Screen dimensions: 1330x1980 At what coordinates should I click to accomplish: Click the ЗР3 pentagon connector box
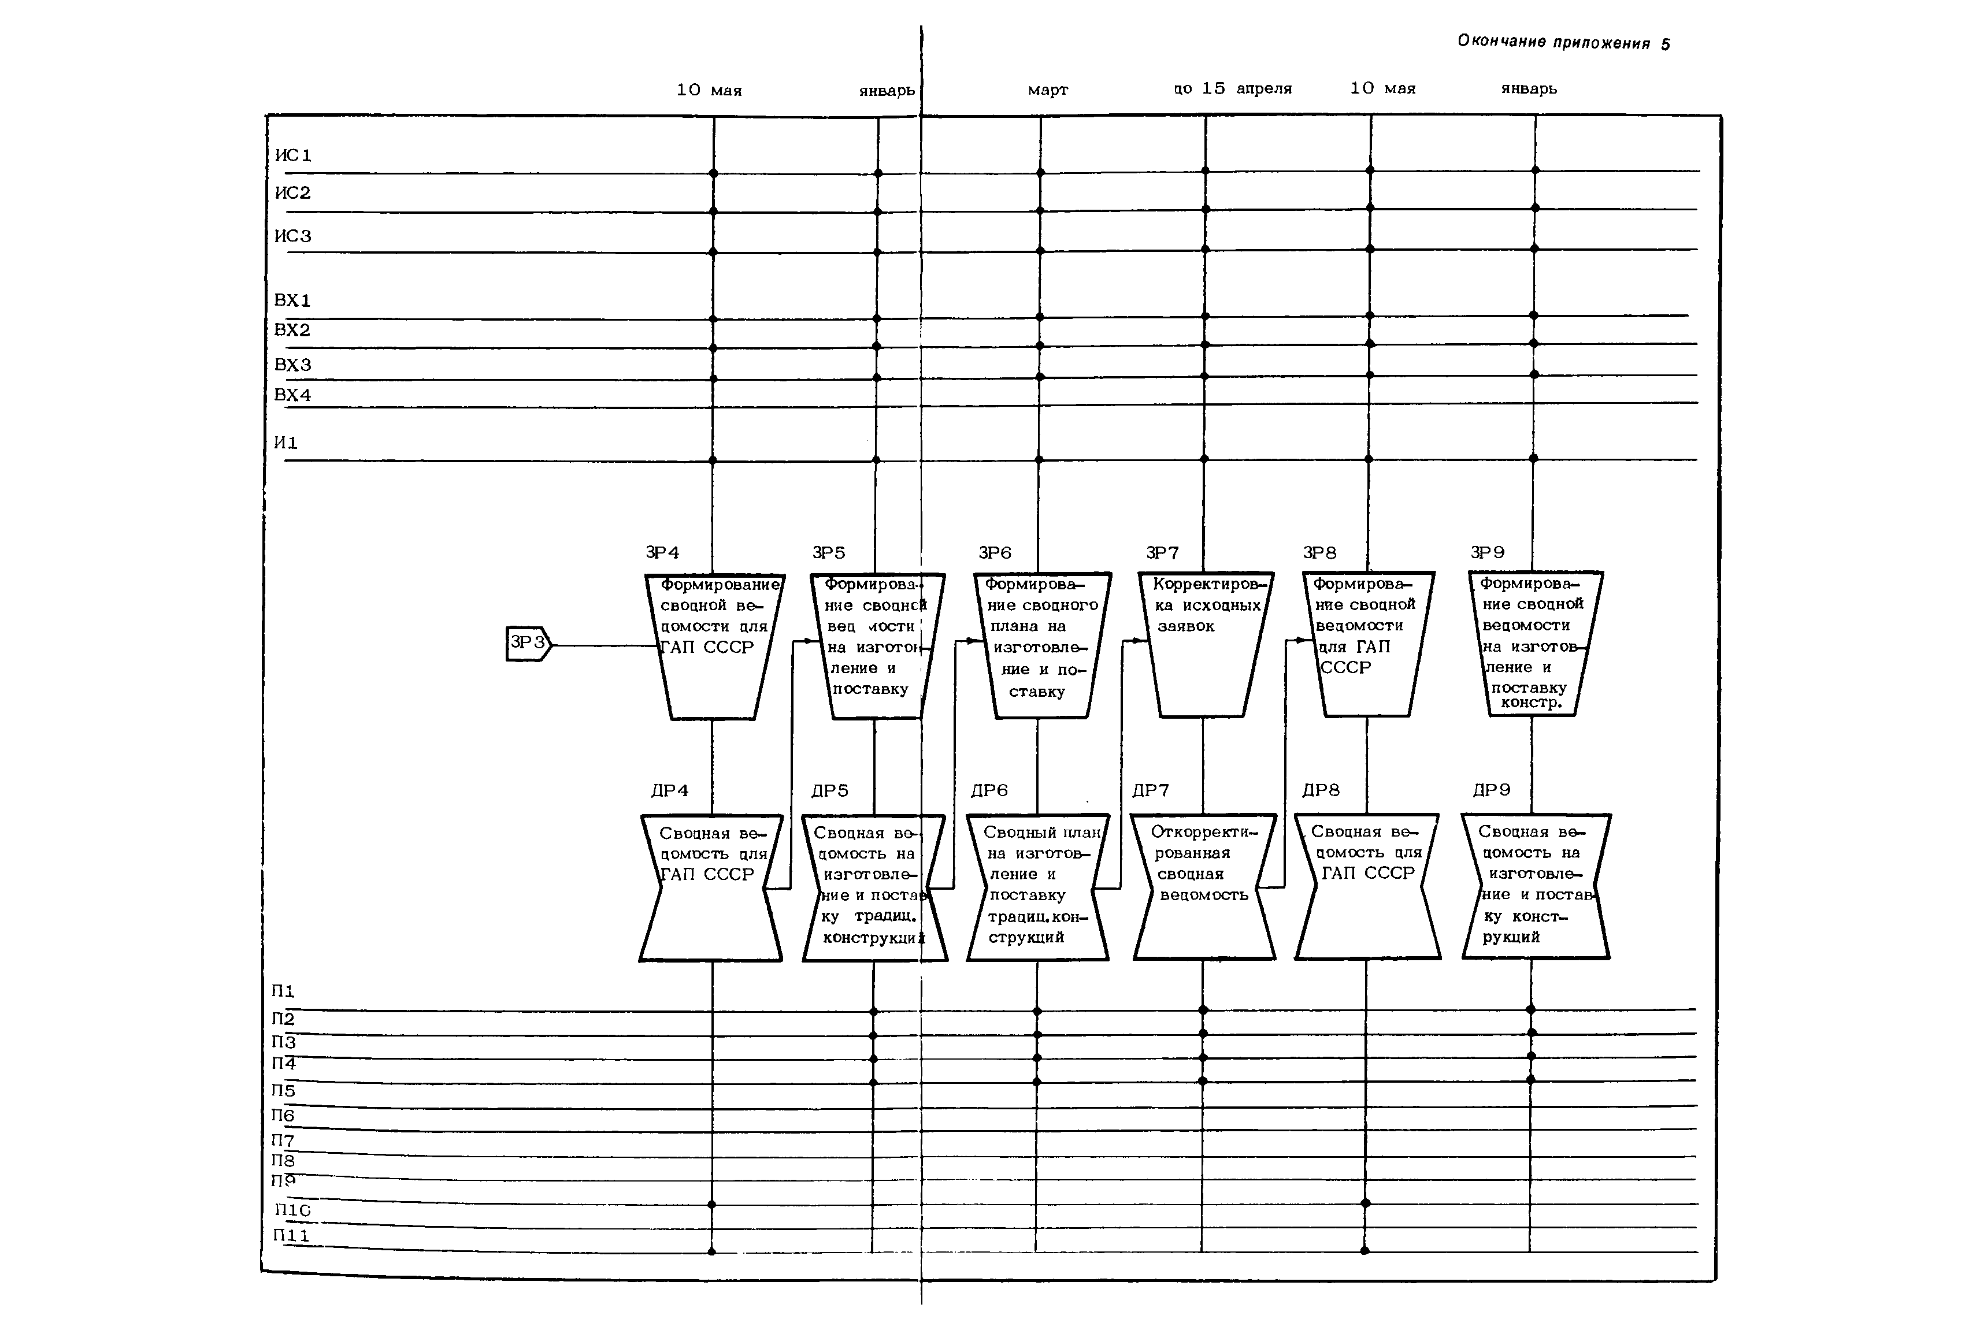click(x=528, y=644)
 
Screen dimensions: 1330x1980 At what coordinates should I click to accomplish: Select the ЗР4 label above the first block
click(x=662, y=553)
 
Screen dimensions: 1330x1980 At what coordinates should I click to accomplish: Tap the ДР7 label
click(x=1150, y=790)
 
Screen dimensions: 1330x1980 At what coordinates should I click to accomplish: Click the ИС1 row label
click(x=292, y=155)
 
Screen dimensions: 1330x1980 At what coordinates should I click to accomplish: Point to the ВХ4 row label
click(x=292, y=395)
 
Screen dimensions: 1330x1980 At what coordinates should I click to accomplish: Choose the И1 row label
click(x=286, y=443)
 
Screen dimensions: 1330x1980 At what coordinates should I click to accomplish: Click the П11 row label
click(x=291, y=1235)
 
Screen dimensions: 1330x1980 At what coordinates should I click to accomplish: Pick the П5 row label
click(x=283, y=1091)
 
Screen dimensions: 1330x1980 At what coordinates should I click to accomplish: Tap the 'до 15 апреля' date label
click(x=1233, y=88)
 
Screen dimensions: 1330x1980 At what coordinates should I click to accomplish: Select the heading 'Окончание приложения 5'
click(x=1563, y=42)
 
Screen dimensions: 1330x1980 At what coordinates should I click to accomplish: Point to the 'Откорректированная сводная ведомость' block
click(x=1204, y=886)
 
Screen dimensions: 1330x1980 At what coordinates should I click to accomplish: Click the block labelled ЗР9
click(x=1534, y=645)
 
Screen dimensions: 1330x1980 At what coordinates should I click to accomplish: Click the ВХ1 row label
click(x=292, y=300)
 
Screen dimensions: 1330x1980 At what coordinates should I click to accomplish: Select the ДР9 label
click(x=1492, y=790)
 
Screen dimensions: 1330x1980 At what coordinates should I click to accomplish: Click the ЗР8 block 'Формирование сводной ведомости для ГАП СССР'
click(x=1367, y=645)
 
